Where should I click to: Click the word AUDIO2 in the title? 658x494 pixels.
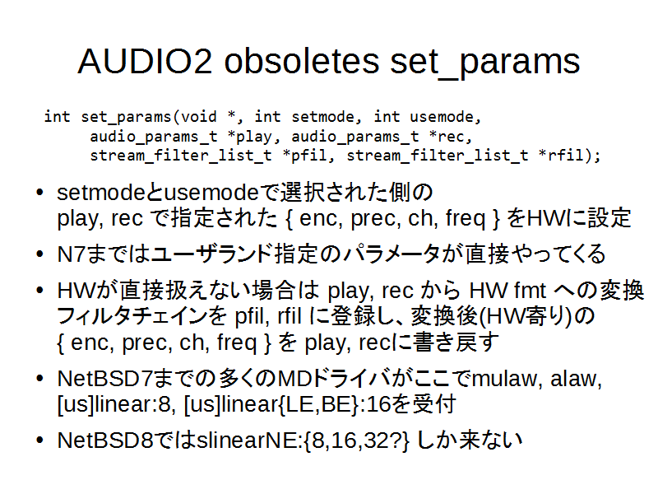pyautogui.click(x=145, y=61)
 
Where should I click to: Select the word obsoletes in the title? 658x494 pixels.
pyautogui.click(x=301, y=61)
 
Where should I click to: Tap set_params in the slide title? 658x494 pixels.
pyautogui.click(x=485, y=64)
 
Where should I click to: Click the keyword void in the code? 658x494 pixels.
pyautogui.click(x=198, y=116)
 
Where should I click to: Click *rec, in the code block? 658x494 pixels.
pyautogui.click(x=450, y=137)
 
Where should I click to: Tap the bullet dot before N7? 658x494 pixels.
pyautogui.click(x=39, y=254)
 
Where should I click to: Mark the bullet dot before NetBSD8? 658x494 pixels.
pyautogui.click(x=39, y=440)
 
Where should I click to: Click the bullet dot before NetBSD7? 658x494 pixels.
pyautogui.click(x=39, y=379)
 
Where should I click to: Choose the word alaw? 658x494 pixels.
pyautogui.click(x=576, y=379)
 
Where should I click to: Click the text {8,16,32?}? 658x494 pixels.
pyautogui.click(x=356, y=440)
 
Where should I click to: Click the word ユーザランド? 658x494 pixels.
pyautogui.click(x=212, y=254)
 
